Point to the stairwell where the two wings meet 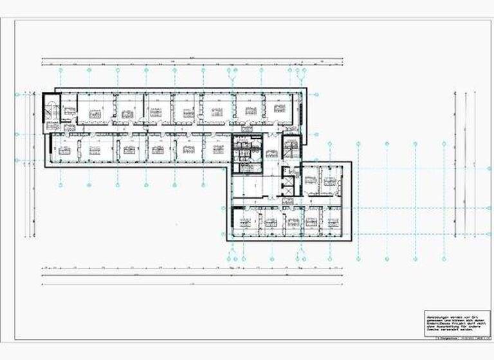click(x=291, y=149)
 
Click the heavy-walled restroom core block click(x=247, y=154)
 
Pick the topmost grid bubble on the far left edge click(x=17, y=94)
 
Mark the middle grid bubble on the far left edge click(x=17, y=134)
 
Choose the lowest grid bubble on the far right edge click(x=489, y=234)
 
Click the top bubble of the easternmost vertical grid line click(x=444, y=144)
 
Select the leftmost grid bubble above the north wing click(x=60, y=69)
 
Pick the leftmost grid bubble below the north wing click(x=60, y=185)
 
